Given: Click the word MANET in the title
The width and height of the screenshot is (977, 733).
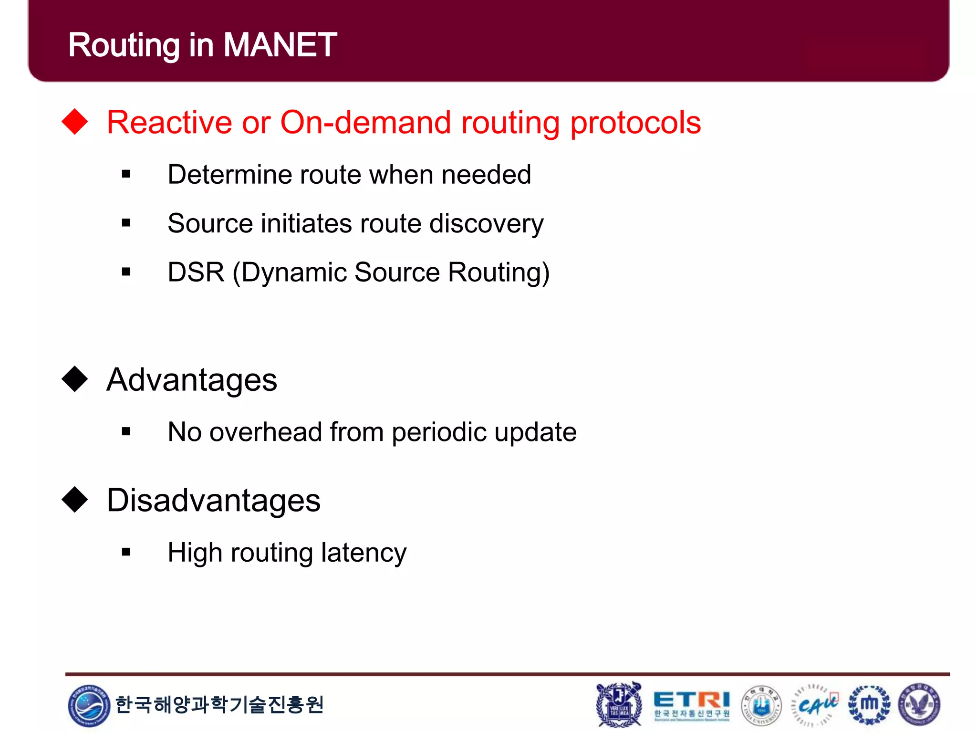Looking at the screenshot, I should (x=280, y=45).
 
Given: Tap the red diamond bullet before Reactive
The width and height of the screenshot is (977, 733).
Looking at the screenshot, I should (x=75, y=122).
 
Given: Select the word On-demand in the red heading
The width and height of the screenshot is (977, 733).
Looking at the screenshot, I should (x=365, y=123).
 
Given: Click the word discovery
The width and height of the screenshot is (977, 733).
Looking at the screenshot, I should (x=486, y=224).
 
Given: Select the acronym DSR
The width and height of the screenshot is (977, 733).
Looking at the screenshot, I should (x=196, y=272).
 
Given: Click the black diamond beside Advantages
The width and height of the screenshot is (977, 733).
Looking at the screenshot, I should (x=75, y=379).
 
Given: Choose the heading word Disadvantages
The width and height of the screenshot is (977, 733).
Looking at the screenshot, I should (x=214, y=501).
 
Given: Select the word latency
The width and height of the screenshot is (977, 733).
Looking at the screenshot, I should (x=364, y=554).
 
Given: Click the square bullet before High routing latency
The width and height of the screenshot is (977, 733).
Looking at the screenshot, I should (x=126, y=553).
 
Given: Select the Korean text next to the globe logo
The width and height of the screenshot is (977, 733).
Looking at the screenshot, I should (x=219, y=705).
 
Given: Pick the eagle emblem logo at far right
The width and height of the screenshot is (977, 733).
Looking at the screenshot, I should (x=919, y=705).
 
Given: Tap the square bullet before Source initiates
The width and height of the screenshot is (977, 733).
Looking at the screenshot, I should (x=126, y=223).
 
